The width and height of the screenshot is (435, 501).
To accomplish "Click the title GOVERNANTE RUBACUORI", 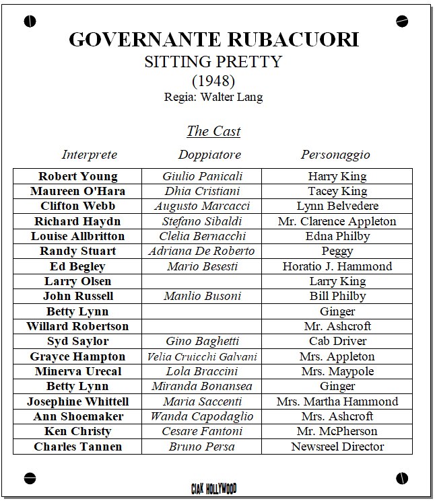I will coord(213,39).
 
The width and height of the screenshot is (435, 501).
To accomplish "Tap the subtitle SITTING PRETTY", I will coord(213,62).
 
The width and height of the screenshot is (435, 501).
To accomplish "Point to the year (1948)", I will coord(213,81).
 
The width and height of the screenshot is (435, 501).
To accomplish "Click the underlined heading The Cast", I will coord(213,131).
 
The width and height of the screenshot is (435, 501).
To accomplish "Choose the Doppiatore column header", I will coord(209,155).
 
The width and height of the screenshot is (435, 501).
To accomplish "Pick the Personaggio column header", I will coord(335,155).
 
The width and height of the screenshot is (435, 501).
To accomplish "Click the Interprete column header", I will coord(90,155).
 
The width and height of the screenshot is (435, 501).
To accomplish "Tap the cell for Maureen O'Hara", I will coord(77,191).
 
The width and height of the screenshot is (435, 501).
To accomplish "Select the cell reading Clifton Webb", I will coord(77,206).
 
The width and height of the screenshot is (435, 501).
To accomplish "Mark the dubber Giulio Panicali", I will coord(202,176).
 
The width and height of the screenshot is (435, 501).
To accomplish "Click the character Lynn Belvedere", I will coord(337,206).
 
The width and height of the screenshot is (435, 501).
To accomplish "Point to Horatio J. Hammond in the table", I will coord(337,266).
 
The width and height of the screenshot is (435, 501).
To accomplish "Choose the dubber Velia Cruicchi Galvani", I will coord(202,356).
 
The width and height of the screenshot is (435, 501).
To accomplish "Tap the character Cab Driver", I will coord(337,342).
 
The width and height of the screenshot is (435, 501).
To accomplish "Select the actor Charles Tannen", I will coord(77,447).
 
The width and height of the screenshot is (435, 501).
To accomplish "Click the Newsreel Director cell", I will coord(337,447).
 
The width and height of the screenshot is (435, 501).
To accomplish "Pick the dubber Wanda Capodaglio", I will coord(202,416).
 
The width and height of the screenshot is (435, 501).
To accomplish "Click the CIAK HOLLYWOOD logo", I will coord(213,488).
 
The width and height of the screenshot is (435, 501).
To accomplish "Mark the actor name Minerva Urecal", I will coord(77,371).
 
